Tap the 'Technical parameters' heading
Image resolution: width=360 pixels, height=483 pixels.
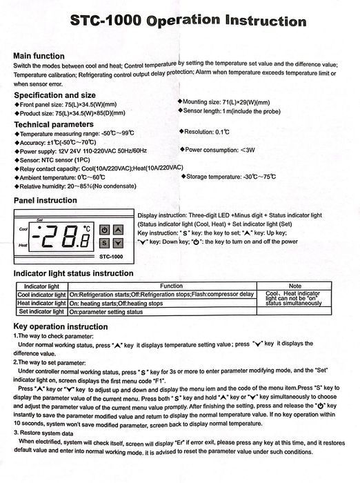(54, 124)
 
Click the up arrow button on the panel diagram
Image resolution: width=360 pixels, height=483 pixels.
(118, 230)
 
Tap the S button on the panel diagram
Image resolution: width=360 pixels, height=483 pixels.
(104, 243)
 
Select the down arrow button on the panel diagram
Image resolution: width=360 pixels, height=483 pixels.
(118, 243)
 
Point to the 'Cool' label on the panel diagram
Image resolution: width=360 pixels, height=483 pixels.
(23, 229)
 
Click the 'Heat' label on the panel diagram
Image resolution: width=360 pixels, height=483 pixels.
(23, 245)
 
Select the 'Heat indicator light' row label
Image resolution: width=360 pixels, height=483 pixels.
(41, 303)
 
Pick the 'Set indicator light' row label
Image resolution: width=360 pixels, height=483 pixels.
(41, 312)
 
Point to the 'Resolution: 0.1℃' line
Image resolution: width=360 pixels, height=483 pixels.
(207, 131)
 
